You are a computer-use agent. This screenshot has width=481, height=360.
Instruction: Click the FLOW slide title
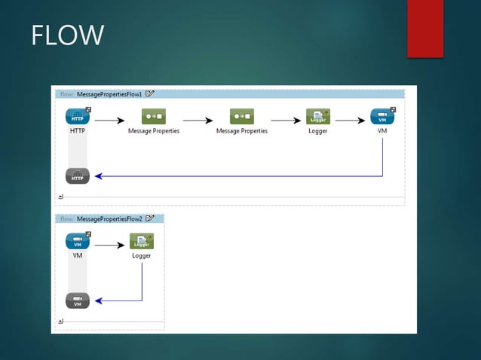(x=67, y=35)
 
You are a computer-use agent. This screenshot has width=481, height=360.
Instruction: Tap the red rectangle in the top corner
(x=425, y=29)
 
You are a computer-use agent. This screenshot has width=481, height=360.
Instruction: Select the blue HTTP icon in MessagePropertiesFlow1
(x=78, y=117)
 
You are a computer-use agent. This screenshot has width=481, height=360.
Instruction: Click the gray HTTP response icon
(x=78, y=176)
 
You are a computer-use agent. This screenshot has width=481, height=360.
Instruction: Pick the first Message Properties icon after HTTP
(x=153, y=117)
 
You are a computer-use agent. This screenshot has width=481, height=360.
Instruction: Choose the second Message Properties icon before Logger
(x=242, y=117)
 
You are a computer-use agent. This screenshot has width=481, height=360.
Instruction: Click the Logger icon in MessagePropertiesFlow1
(x=318, y=117)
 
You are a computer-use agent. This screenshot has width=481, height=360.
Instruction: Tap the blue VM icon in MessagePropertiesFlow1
(x=382, y=117)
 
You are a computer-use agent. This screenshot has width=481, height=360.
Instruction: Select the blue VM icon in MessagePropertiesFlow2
(x=78, y=241)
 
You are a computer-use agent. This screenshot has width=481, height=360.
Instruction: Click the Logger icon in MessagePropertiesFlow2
(x=142, y=241)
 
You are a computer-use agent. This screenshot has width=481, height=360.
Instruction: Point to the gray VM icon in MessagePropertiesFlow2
(x=78, y=301)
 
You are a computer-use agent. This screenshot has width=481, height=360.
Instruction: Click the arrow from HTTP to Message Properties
(x=110, y=119)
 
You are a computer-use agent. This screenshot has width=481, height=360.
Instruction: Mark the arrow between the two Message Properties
(x=198, y=119)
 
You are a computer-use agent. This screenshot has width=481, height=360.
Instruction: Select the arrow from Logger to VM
(x=350, y=119)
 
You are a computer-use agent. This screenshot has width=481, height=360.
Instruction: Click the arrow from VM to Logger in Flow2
(x=110, y=244)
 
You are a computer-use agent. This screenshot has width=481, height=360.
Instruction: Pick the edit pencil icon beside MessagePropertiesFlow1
(x=150, y=93)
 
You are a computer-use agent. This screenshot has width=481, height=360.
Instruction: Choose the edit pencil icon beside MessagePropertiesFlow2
(x=150, y=218)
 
